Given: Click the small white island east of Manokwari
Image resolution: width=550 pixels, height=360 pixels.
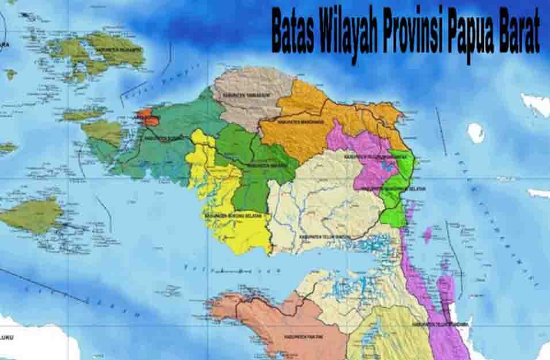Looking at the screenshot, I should pos(475,133).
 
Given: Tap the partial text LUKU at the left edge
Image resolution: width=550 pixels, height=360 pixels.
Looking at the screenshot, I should pos(7,337).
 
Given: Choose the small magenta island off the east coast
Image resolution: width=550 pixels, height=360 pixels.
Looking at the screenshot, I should pos(427,234).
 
